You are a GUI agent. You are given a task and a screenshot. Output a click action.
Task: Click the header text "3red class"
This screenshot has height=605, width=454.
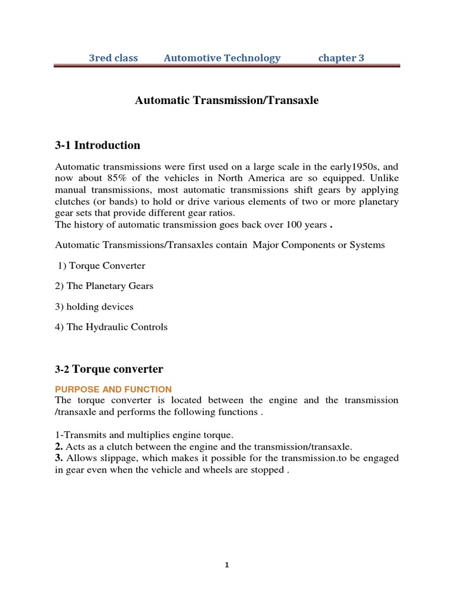tap(113, 58)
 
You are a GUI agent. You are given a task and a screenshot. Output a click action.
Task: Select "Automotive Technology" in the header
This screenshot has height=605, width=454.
tap(222, 58)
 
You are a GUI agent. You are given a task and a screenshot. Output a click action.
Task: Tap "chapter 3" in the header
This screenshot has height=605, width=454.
tap(341, 58)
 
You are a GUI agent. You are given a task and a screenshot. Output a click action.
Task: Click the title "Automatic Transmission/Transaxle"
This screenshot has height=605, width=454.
tap(226, 100)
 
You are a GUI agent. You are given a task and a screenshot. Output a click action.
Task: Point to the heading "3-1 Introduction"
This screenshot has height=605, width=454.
tap(98, 145)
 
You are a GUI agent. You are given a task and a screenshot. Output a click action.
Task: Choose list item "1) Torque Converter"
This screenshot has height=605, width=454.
tap(101, 266)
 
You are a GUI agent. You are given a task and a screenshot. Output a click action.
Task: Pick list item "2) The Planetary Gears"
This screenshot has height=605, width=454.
tap(104, 286)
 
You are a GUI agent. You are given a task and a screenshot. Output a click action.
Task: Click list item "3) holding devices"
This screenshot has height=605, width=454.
tap(94, 307)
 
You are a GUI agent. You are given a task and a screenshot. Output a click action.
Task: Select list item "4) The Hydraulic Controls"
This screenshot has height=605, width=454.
tap(111, 327)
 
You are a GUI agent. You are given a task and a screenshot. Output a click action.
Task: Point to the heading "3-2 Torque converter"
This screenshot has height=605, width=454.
tap(109, 369)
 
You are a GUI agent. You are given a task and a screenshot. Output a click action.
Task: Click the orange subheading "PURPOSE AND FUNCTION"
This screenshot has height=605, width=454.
tap(113, 389)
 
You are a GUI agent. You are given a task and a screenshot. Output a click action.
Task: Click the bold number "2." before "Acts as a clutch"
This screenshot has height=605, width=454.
tap(59, 447)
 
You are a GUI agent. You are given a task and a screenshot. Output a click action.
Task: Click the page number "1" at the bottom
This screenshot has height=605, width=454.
tap(226, 565)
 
